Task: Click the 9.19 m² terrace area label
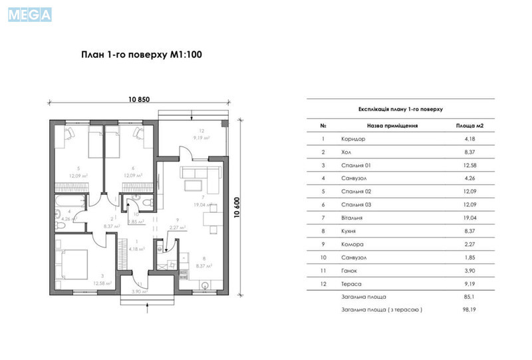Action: coord(201,138)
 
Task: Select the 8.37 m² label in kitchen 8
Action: coord(204,266)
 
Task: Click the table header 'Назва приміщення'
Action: coord(392,124)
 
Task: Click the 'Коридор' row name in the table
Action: coord(352,139)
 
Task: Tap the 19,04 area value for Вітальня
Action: coord(469,218)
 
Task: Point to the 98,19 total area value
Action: coord(469,309)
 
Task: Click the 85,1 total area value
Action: coord(469,296)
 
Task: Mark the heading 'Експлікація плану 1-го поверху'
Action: coord(400,108)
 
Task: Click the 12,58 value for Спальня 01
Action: coord(469,165)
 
